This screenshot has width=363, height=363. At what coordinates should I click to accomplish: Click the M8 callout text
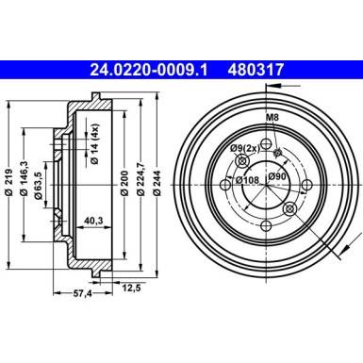point(272,117)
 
